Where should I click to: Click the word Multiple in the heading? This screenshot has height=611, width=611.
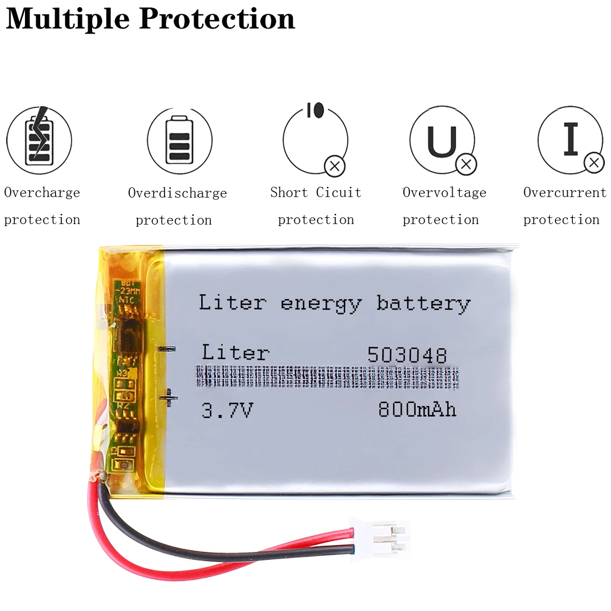[68, 19]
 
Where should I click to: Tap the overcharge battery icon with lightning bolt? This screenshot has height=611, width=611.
[39, 140]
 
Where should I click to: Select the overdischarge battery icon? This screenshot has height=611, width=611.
[179, 141]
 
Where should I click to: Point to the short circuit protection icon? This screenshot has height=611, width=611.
[316, 140]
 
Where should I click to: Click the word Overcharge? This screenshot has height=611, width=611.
[42, 192]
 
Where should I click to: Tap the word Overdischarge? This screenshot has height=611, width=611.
[177, 193]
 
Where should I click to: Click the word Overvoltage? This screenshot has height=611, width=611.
[445, 192]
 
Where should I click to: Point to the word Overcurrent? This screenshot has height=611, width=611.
[565, 192]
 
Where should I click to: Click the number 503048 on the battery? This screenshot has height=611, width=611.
[407, 355]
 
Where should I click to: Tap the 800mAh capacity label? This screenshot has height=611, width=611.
[417, 410]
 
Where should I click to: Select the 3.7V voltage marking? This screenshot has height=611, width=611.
[227, 410]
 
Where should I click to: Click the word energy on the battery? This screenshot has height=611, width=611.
[321, 304]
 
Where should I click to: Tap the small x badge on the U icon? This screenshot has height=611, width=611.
[465, 164]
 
